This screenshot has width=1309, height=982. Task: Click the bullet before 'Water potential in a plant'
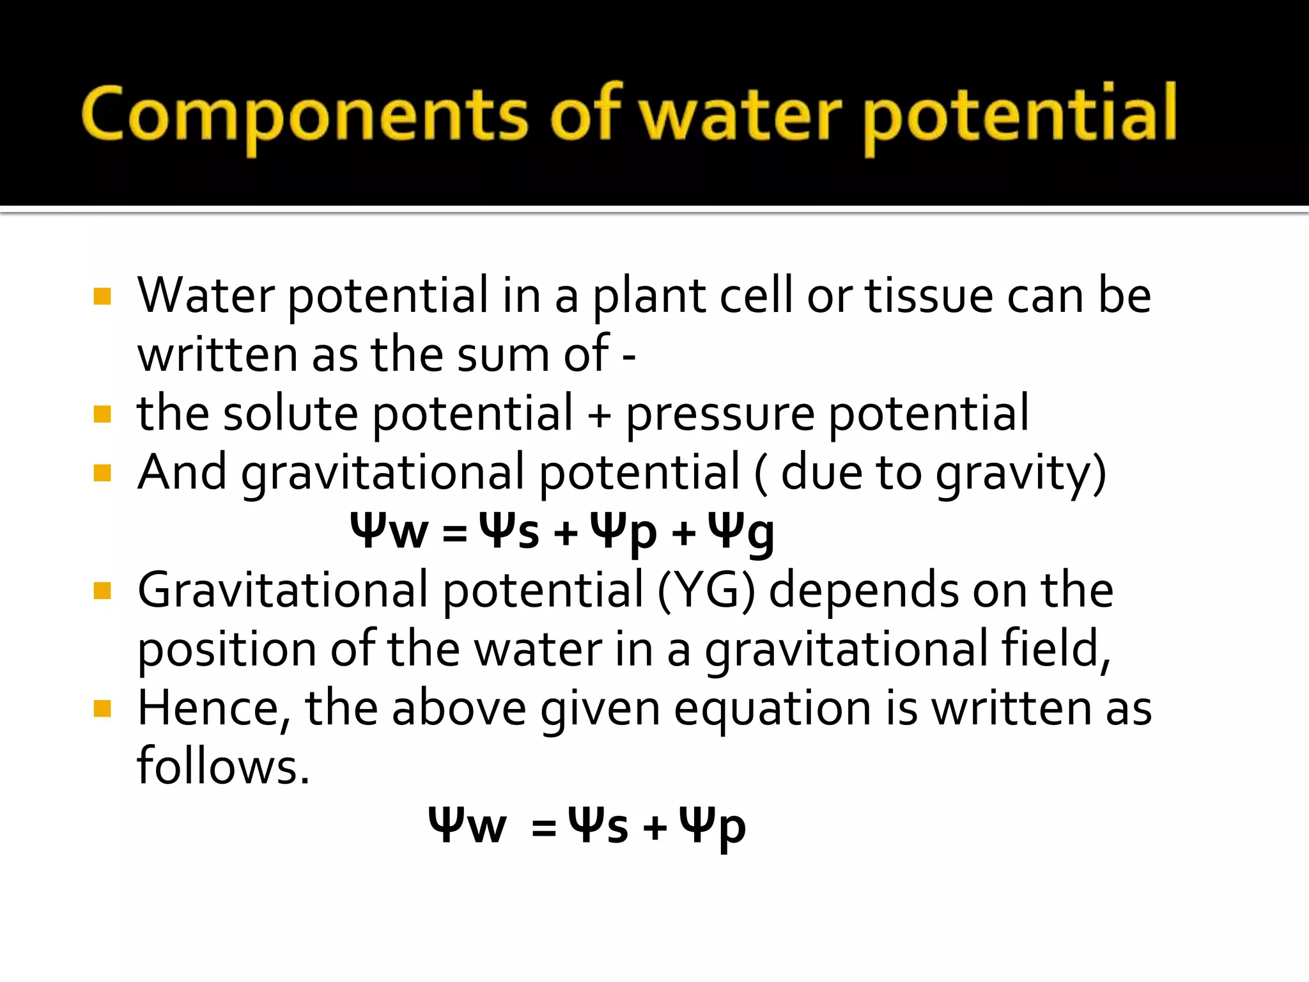click(x=102, y=297)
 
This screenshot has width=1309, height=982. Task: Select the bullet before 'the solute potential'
click(x=102, y=414)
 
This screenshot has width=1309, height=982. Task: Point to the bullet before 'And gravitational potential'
click(x=102, y=473)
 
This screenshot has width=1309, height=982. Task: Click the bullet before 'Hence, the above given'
click(x=102, y=708)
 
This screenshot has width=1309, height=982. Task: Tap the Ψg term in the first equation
click(x=742, y=532)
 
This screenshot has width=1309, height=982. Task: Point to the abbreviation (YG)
click(x=706, y=591)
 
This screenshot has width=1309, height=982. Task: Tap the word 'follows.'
click(x=224, y=766)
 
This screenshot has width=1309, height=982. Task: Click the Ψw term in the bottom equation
click(x=467, y=826)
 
